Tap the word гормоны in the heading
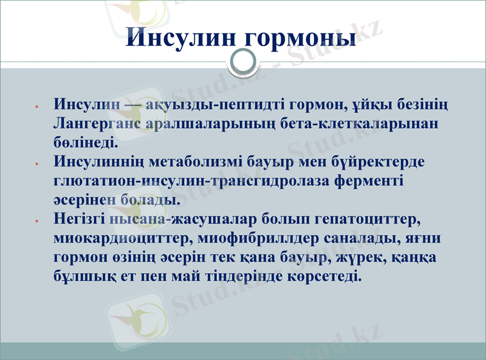click(x=299, y=38)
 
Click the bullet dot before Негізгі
click(x=38, y=219)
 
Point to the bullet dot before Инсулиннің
click(x=38, y=164)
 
